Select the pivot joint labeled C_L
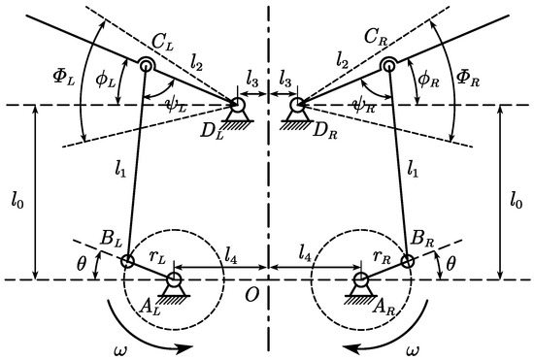click(147, 66)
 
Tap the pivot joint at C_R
click(387, 66)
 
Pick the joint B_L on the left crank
click(127, 260)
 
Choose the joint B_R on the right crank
click(407, 260)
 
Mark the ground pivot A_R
click(360, 279)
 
